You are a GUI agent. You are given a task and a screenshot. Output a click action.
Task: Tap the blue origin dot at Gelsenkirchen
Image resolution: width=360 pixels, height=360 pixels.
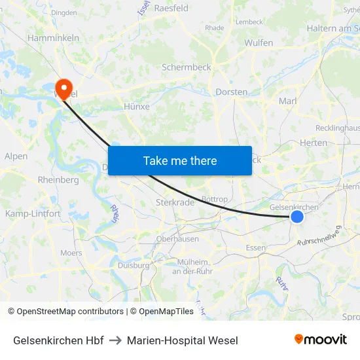297,216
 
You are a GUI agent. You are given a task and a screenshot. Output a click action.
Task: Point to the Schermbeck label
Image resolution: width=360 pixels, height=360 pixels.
187,67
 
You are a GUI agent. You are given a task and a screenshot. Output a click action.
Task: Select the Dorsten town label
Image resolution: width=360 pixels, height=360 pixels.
232,92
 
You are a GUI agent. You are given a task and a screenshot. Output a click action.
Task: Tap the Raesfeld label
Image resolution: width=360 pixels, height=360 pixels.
171,8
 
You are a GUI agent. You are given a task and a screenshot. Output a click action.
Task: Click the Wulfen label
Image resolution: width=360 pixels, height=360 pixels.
259,43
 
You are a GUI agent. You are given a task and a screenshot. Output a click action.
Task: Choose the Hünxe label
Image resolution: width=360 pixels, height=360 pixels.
137,106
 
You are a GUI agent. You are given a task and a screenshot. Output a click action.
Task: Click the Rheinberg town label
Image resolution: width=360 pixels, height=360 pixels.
58,180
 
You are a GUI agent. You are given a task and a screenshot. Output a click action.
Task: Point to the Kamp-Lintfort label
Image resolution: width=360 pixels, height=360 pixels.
33,214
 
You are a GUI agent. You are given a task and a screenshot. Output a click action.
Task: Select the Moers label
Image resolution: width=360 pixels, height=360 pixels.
71,253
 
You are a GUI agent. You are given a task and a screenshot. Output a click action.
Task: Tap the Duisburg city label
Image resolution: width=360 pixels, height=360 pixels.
134,265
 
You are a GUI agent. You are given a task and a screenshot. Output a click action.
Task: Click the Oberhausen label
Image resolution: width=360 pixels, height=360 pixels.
177,239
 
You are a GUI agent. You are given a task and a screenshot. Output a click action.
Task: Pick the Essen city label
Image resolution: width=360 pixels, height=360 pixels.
255,247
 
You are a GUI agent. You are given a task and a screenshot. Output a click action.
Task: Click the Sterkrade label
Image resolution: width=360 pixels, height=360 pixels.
175,202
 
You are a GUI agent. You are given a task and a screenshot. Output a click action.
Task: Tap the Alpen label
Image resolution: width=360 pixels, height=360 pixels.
16,156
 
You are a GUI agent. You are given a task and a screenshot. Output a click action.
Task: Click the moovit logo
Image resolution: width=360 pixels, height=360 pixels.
321,339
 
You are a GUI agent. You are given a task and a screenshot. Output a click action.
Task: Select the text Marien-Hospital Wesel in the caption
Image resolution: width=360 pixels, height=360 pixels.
183,340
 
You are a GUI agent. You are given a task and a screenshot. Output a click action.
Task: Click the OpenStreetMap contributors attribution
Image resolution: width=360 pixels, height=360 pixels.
70,312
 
